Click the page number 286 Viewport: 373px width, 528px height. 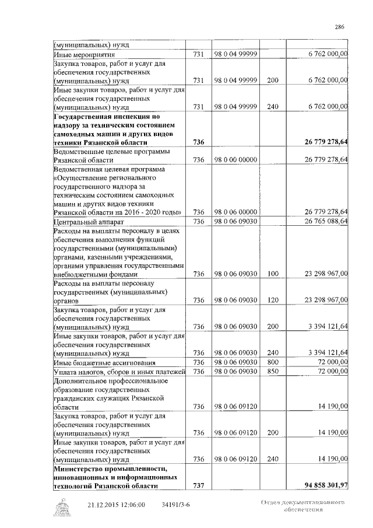point(340,26)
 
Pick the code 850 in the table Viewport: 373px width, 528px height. point(273,372)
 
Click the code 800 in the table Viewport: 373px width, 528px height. point(273,362)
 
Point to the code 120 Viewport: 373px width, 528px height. point(273,300)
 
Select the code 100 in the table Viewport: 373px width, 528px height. point(273,274)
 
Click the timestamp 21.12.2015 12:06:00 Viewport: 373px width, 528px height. point(116,505)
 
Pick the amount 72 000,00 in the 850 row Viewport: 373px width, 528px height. point(333,372)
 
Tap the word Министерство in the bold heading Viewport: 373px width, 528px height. point(79,468)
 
